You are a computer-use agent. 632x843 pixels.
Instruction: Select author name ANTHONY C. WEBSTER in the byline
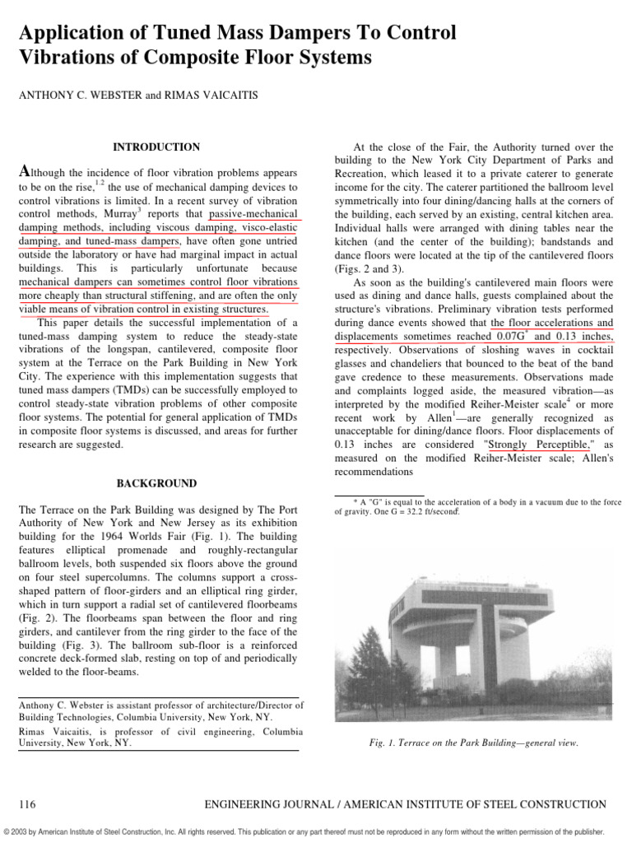68,96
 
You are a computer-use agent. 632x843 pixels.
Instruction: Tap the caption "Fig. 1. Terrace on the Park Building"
473,743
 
